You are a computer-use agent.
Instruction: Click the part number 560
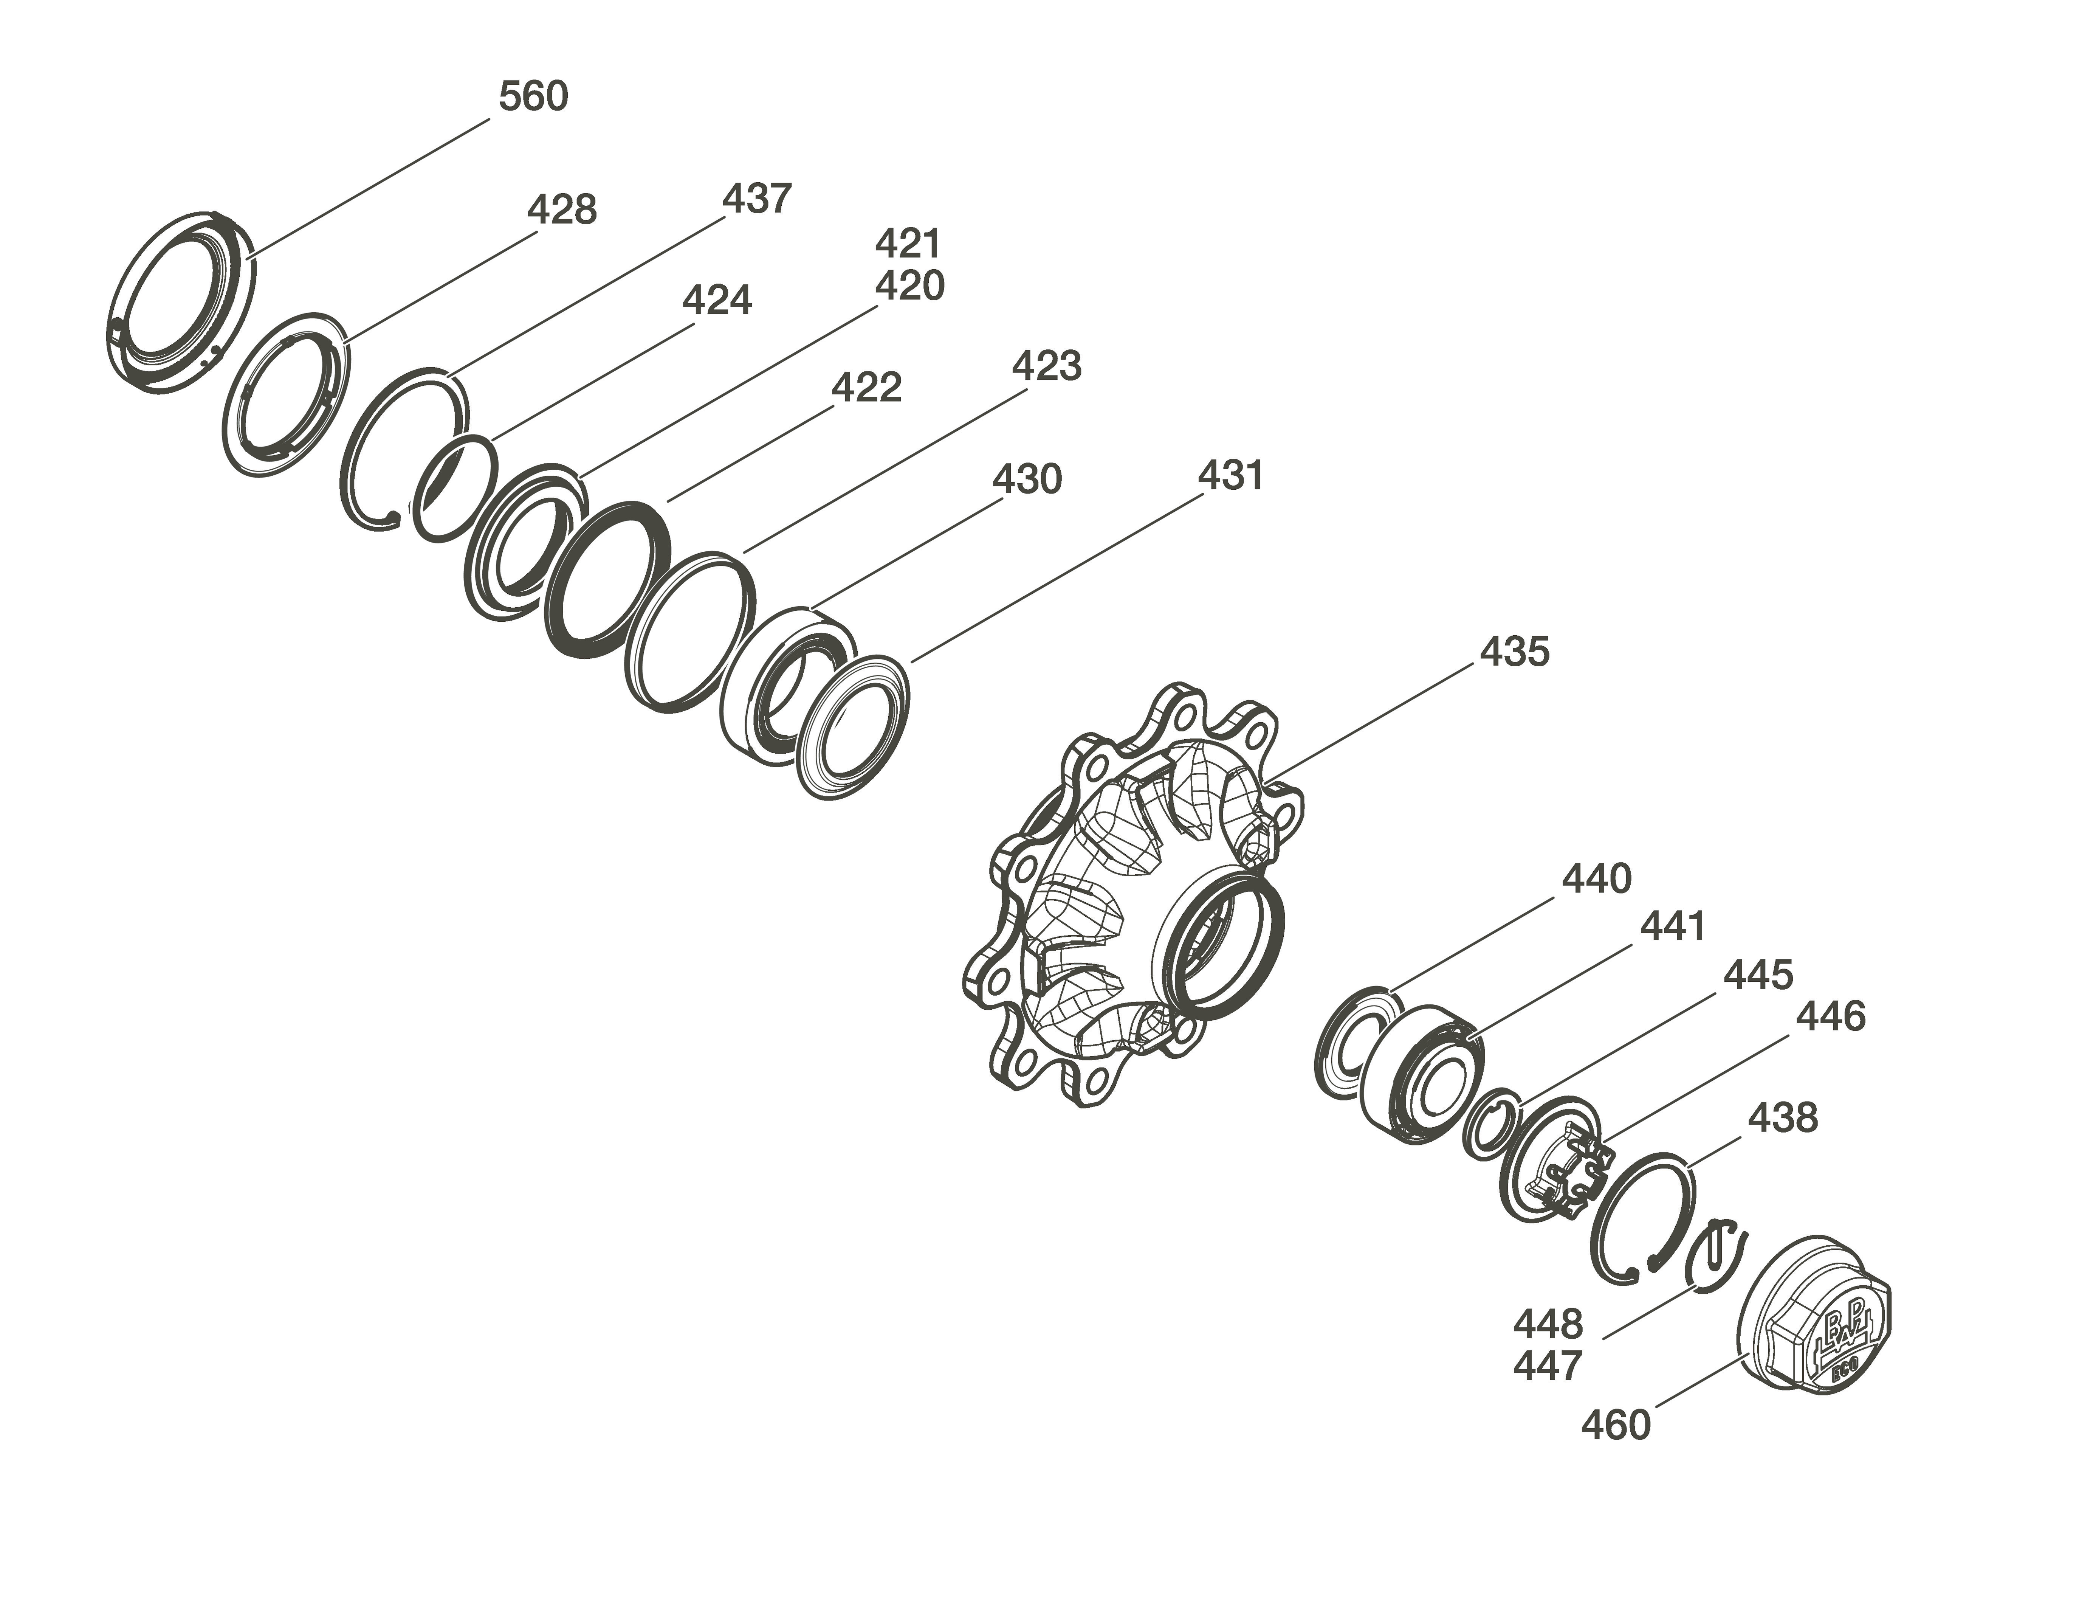[533, 96]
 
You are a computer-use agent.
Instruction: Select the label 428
[562, 209]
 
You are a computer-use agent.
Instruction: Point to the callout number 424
[717, 300]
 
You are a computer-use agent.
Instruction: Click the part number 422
[866, 388]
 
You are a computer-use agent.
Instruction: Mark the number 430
[1027, 479]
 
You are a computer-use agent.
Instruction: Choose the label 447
[1548, 1366]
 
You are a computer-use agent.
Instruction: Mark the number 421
[908, 244]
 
